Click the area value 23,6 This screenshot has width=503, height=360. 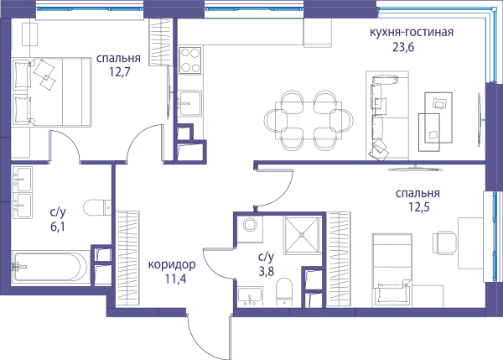[403, 47]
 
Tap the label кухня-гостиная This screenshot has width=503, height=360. [412, 32]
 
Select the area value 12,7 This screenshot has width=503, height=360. [119, 72]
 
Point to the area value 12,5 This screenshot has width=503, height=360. [418, 207]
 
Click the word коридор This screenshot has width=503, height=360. [172, 264]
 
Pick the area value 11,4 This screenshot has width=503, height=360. [175, 279]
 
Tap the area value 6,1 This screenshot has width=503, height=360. [58, 227]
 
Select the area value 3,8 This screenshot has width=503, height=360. [267, 272]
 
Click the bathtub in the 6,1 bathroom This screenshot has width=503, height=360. [49, 267]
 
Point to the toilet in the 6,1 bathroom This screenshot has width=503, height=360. [97, 207]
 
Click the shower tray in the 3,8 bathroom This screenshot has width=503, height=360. [302, 235]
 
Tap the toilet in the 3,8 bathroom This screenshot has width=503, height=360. [284, 292]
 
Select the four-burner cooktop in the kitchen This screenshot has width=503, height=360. [190, 60]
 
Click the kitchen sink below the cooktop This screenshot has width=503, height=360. [189, 103]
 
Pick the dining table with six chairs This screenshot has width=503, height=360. [309, 121]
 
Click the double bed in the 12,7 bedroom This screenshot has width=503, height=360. [52, 91]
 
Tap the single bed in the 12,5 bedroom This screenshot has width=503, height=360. [392, 270]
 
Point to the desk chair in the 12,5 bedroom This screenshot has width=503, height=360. [444, 243]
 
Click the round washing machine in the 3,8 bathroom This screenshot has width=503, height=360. [250, 225]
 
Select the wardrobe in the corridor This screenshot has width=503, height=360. [127, 258]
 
